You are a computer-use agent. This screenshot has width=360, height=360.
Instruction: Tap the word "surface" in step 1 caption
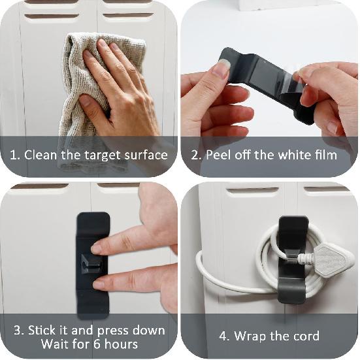144,155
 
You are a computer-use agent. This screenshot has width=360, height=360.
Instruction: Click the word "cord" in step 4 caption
303,336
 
